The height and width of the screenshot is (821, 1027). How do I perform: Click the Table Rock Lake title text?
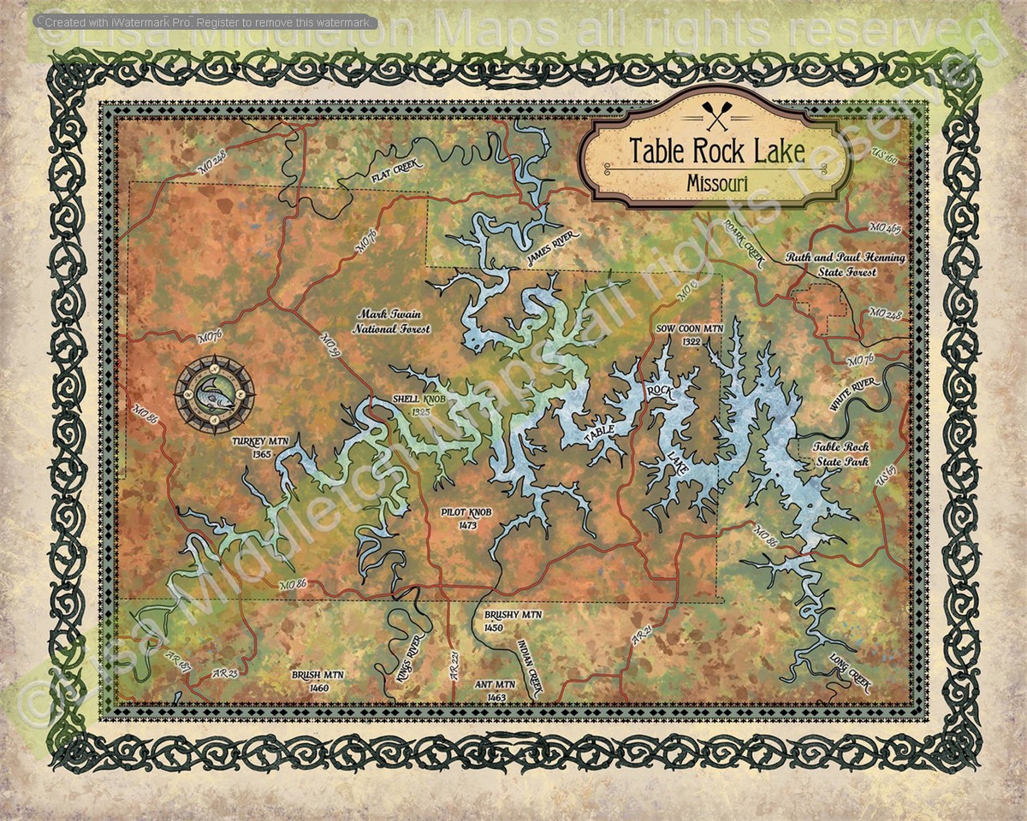tap(717, 151)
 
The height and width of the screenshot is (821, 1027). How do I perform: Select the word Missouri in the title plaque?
tap(717, 182)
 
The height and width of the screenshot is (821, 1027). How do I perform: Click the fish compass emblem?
tap(214, 394)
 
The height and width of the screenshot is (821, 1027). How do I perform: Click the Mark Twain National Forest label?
tap(394, 321)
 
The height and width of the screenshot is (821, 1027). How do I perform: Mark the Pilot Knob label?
tap(466, 517)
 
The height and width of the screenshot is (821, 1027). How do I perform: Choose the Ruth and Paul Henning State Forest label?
tap(846, 264)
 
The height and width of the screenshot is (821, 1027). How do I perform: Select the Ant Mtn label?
tap(496, 690)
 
